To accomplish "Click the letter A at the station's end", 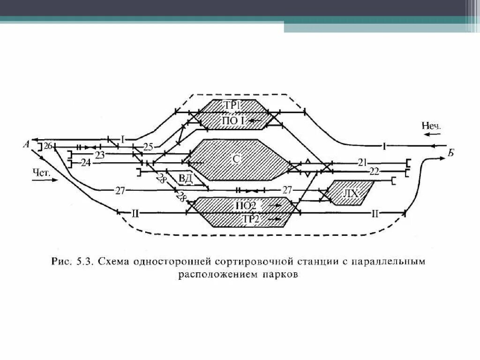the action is point(27,144).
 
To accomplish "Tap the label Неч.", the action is point(431,126).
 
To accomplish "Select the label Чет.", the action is point(42,171).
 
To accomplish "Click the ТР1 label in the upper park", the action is point(232,106).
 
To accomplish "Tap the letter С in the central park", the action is point(237,159).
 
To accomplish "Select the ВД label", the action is point(185,178).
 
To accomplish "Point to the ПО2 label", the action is point(245,205).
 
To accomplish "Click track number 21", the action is point(362,163).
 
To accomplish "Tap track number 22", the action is point(374,171).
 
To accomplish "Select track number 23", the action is point(100,154).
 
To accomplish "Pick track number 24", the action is point(85,163).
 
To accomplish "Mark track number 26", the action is point(47,146).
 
